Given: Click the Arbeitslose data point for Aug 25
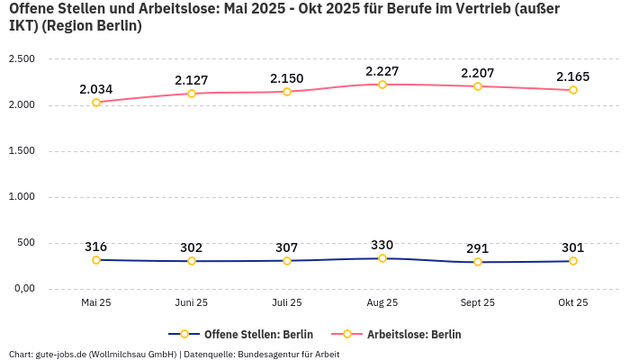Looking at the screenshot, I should pos(382,85).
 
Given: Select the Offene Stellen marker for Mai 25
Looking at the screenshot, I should pos(96,260).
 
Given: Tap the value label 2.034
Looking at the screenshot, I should pos(96,89).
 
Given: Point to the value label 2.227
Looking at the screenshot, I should pos(382,71).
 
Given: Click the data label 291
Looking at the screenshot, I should pos(478,248).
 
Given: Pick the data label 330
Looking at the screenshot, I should pos(382,245).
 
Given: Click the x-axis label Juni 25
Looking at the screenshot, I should pos(192,303).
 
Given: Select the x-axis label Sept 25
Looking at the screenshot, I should pos(478,303).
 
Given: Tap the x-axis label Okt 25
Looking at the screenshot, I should pos(573,303).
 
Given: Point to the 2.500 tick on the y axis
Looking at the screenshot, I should pos(21,59).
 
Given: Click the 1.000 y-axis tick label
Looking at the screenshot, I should pos(21,197).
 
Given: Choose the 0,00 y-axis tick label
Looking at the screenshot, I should pos(22,289).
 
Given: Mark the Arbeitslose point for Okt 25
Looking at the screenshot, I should pos(573,90).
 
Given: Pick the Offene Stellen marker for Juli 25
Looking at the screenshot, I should pos(287,261).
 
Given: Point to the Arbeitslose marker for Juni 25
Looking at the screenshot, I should pos(192,94).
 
